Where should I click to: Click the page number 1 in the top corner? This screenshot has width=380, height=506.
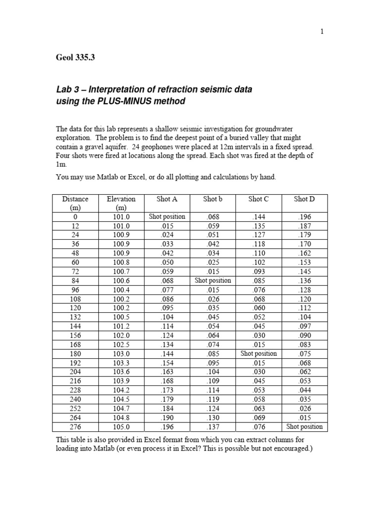(x=322, y=31)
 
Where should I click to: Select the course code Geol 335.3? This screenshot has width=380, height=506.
(x=75, y=57)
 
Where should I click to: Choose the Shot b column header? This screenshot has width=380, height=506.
(x=213, y=199)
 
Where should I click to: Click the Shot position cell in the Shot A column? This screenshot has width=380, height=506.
(x=167, y=216)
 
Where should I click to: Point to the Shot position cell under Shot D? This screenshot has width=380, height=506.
(x=304, y=426)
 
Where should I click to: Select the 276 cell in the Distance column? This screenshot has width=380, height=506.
(x=75, y=426)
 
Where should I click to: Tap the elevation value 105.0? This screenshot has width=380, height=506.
(x=121, y=426)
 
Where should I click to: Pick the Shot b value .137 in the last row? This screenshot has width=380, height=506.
(x=213, y=426)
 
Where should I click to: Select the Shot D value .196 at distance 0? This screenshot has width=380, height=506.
(x=304, y=216)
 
